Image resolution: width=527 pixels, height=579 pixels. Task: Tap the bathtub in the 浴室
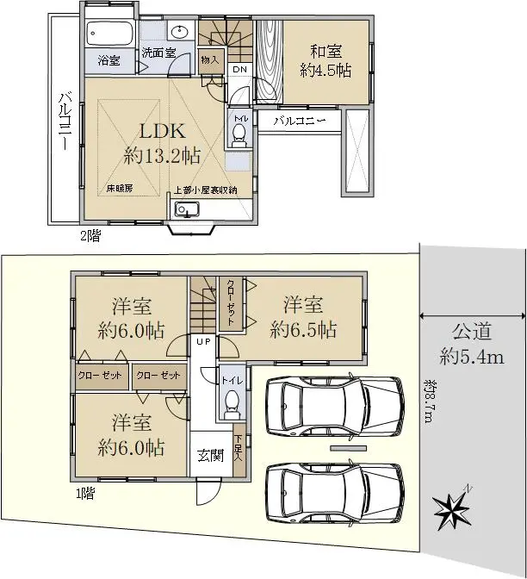tap(109, 34)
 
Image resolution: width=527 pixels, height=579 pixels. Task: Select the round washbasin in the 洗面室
tap(180, 30)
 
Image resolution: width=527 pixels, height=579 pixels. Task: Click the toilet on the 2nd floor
tap(239, 135)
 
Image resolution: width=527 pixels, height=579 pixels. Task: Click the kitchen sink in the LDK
tap(187, 209)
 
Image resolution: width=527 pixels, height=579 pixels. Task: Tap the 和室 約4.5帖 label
tap(325, 61)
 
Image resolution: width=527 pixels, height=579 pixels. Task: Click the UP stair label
tap(203, 341)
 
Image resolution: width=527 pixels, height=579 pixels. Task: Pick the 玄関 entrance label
tap(211, 455)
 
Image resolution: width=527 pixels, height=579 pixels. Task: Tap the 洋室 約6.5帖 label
tap(303, 317)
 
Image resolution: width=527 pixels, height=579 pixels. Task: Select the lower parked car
tap(335, 493)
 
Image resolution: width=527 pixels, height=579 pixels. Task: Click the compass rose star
tap(452, 511)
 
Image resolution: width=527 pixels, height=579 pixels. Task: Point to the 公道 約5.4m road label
tap(472, 344)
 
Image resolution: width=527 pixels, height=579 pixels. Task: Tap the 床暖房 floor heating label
tap(120, 189)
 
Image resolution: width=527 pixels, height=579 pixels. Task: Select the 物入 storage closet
tap(210, 59)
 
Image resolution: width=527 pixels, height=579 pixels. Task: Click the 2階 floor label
tap(90, 235)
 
